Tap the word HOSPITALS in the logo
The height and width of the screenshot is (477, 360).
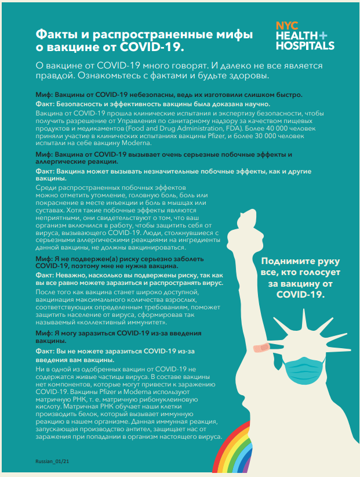(305, 45)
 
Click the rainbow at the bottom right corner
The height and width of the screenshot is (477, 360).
(235, 453)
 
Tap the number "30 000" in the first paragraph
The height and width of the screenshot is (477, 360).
(261, 135)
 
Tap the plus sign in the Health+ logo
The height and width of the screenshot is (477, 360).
(322, 35)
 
